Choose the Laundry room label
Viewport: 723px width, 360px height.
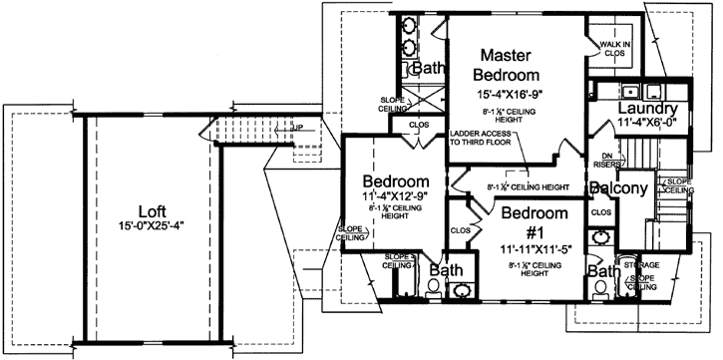[647, 109]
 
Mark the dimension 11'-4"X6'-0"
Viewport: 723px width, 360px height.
[647, 124]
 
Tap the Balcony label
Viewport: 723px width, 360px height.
[618, 187]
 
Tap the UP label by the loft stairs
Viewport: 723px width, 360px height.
[297, 128]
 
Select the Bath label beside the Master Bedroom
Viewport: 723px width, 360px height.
[428, 69]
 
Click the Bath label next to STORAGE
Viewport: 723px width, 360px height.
[600, 271]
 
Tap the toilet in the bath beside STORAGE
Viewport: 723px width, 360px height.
[599, 288]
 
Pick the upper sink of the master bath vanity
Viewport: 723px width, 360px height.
[410, 25]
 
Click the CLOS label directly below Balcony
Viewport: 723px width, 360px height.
[600, 211]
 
